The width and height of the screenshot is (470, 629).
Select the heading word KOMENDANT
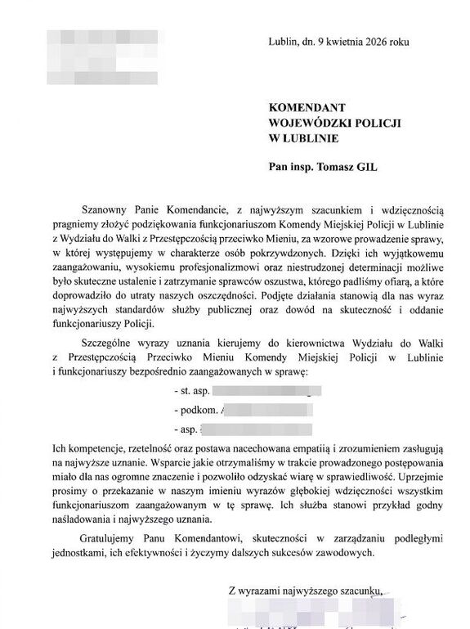(307, 106)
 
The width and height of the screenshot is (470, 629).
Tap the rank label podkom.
(195, 410)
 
